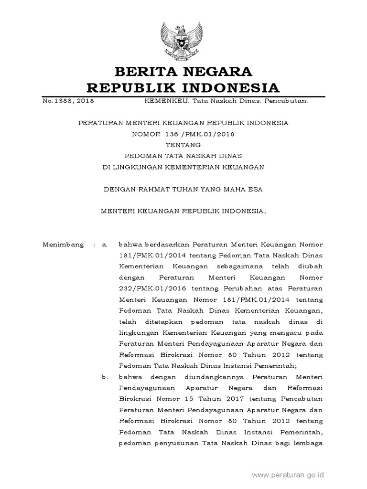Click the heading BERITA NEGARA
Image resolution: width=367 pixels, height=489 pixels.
[x=183, y=72]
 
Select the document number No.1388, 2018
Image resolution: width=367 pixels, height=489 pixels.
[x=67, y=101]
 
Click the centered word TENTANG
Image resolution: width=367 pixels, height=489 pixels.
[x=183, y=145]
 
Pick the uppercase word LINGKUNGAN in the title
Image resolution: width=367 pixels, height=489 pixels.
[x=140, y=167]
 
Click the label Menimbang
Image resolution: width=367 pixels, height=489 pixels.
[x=62, y=244]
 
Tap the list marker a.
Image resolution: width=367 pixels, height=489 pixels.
[x=104, y=244]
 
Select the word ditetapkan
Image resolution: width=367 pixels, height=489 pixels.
[x=158, y=322]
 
